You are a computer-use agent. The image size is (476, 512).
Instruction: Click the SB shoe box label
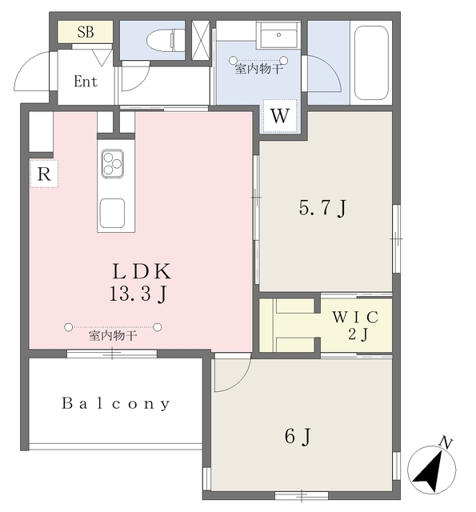[x=84, y=33]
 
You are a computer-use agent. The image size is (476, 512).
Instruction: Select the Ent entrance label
[x=86, y=82]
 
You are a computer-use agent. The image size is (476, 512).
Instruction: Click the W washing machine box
[x=278, y=115]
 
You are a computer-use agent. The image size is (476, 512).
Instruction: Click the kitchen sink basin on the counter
[x=111, y=214]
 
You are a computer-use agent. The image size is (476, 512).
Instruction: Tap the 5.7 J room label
[x=323, y=209]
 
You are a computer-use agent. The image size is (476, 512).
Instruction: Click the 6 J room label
[x=298, y=437]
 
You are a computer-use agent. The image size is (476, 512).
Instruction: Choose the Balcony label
[x=116, y=404]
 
